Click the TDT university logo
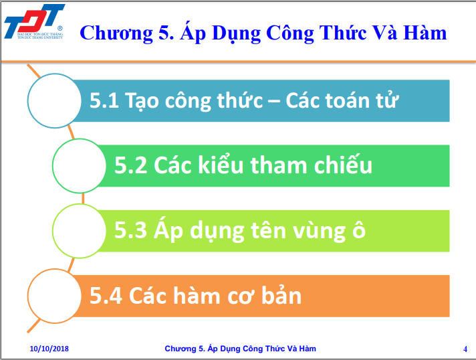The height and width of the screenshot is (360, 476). click(x=34, y=22)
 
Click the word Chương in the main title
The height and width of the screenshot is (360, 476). click(x=116, y=33)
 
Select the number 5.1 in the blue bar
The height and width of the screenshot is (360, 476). click(x=104, y=100)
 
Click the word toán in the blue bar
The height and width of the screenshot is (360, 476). click(x=347, y=100)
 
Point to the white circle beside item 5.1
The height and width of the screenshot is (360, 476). click(x=55, y=100)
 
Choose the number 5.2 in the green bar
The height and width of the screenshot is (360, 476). click(x=130, y=165)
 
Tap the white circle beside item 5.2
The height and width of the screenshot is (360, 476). click(x=80, y=166)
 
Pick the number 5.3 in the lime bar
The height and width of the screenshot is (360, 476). click(x=130, y=230)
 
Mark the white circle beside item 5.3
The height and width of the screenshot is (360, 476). click(x=80, y=231)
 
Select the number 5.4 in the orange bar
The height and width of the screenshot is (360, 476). click(x=106, y=296)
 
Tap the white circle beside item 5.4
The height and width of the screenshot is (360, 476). click(x=55, y=296)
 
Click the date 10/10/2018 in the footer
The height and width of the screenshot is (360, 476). click(x=49, y=349)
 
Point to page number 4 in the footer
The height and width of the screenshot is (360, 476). click(x=465, y=349)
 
